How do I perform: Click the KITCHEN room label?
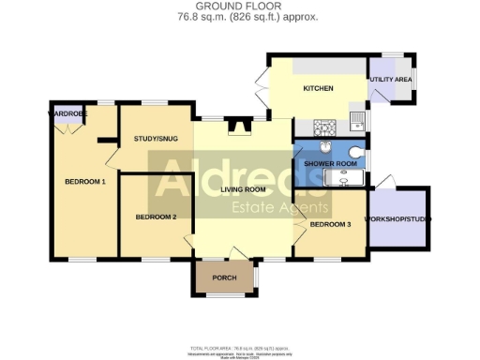tap(318, 88)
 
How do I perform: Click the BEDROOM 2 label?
tap(157, 217)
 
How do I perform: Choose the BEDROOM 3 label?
tap(331, 225)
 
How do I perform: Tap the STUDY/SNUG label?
tap(156, 140)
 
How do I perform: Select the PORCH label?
tap(224, 277)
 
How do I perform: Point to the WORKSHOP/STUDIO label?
tap(400, 218)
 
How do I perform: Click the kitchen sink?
tap(357, 120)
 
